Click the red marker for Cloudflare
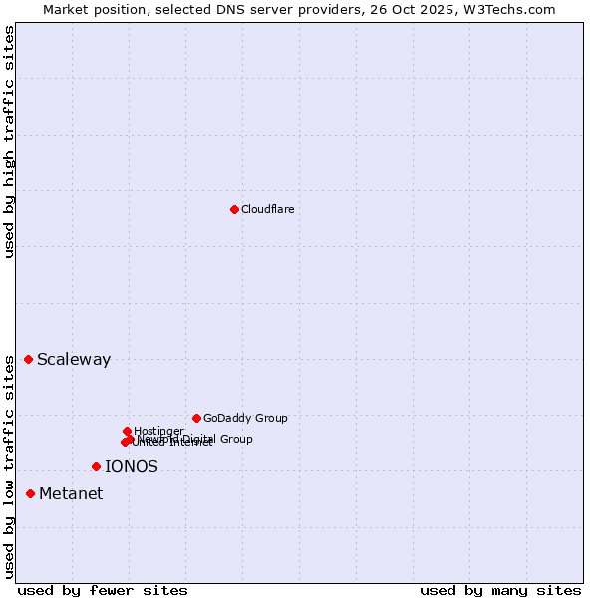(x=234, y=209)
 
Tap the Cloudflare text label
(x=267, y=209)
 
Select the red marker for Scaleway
(x=28, y=359)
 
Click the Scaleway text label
(x=74, y=360)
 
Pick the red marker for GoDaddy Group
(x=196, y=418)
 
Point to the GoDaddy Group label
(x=245, y=418)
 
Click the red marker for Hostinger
(x=127, y=431)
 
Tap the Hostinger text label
(x=158, y=431)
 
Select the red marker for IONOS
(x=96, y=466)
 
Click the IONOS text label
(x=132, y=466)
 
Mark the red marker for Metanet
(x=30, y=493)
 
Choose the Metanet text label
(x=71, y=494)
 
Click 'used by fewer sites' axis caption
(x=103, y=590)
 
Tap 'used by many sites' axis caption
(x=500, y=590)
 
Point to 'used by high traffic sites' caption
(x=10, y=142)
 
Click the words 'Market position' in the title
(x=91, y=9)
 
